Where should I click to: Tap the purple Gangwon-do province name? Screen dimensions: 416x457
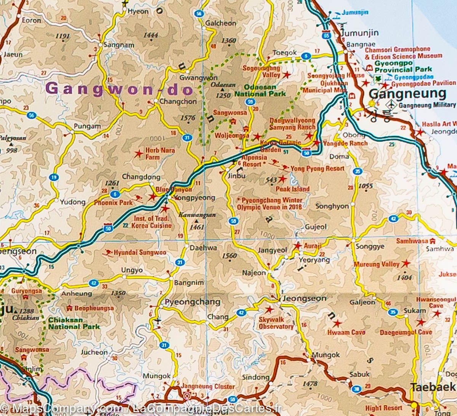(x=119, y=89)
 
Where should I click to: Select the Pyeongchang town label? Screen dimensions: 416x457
(x=192, y=302)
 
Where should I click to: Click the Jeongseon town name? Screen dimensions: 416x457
(x=304, y=299)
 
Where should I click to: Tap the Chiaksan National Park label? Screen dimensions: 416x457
(x=74, y=323)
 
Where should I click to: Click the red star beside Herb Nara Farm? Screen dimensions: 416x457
(x=139, y=154)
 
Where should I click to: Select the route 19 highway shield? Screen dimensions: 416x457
(x=54, y=177)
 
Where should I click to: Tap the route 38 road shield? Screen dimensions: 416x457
(x=356, y=389)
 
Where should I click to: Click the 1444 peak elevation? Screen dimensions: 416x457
(x=151, y=35)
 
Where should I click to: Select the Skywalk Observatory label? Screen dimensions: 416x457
(x=276, y=323)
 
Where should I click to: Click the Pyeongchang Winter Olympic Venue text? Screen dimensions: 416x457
(x=270, y=204)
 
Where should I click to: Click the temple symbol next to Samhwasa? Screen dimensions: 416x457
(x=432, y=241)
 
